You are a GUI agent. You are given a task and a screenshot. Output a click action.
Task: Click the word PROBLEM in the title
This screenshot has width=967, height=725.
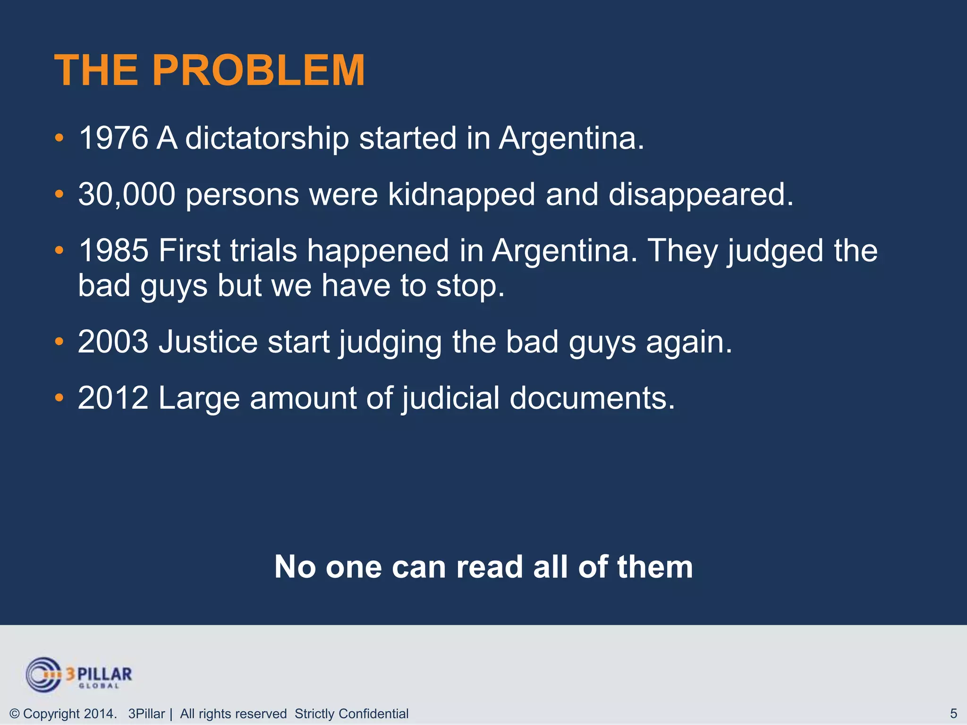258,70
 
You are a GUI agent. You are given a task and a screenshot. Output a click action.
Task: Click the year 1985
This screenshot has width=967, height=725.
113,250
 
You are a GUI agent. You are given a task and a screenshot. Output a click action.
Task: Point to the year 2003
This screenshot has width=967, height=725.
113,341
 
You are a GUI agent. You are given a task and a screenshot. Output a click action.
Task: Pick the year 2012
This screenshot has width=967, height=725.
113,397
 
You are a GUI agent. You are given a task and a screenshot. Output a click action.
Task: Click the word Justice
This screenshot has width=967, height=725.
208,341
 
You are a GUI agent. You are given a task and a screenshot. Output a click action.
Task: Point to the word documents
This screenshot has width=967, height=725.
592,397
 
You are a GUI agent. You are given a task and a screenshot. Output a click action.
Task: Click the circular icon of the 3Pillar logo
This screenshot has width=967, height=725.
43,674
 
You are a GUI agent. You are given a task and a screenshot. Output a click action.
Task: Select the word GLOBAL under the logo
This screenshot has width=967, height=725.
99,686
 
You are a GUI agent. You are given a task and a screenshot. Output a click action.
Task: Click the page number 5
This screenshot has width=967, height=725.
953,713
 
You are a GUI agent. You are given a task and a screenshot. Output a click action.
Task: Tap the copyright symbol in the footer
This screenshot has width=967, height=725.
15,714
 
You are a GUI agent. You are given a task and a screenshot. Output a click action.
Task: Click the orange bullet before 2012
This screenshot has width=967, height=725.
59,398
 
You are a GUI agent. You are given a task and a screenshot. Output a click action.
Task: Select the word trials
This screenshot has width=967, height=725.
263,250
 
